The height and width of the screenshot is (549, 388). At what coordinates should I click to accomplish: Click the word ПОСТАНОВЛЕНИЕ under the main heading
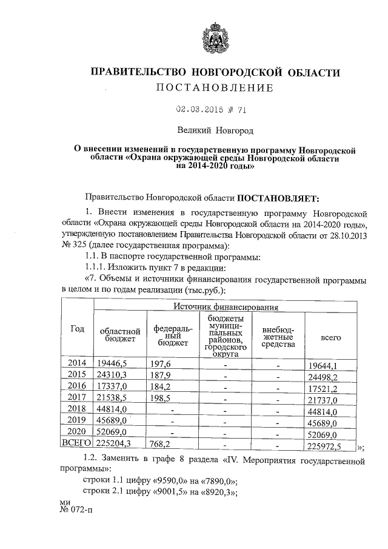coord(215,88)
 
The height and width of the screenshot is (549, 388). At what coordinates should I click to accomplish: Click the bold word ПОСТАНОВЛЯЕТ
coord(281,198)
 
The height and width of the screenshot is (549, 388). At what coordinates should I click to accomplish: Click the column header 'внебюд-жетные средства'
coord(278,336)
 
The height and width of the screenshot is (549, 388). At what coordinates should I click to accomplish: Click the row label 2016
coord(78,385)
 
